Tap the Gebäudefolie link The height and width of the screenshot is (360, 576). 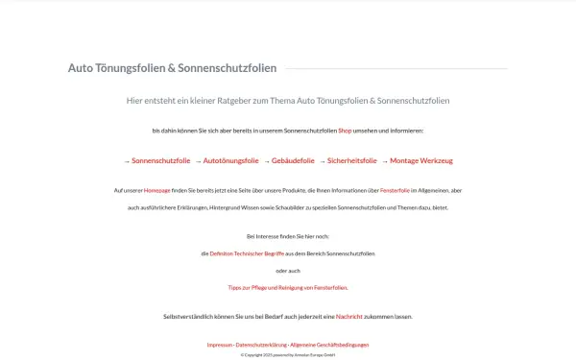(x=293, y=161)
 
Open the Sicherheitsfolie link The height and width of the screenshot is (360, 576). (x=352, y=161)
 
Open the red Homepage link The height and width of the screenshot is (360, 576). (x=156, y=190)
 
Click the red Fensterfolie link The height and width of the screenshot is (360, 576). (x=395, y=190)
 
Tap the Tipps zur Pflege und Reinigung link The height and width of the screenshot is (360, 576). (x=288, y=287)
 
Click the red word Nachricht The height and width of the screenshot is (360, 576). (x=349, y=316)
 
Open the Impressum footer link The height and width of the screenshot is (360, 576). (x=219, y=345)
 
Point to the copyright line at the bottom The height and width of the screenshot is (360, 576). (x=288, y=354)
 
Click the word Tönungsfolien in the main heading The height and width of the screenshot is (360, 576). (x=130, y=68)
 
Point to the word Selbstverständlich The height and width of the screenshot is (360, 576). (x=190, y=316)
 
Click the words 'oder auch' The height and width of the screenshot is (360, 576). (x=288, y=271)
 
